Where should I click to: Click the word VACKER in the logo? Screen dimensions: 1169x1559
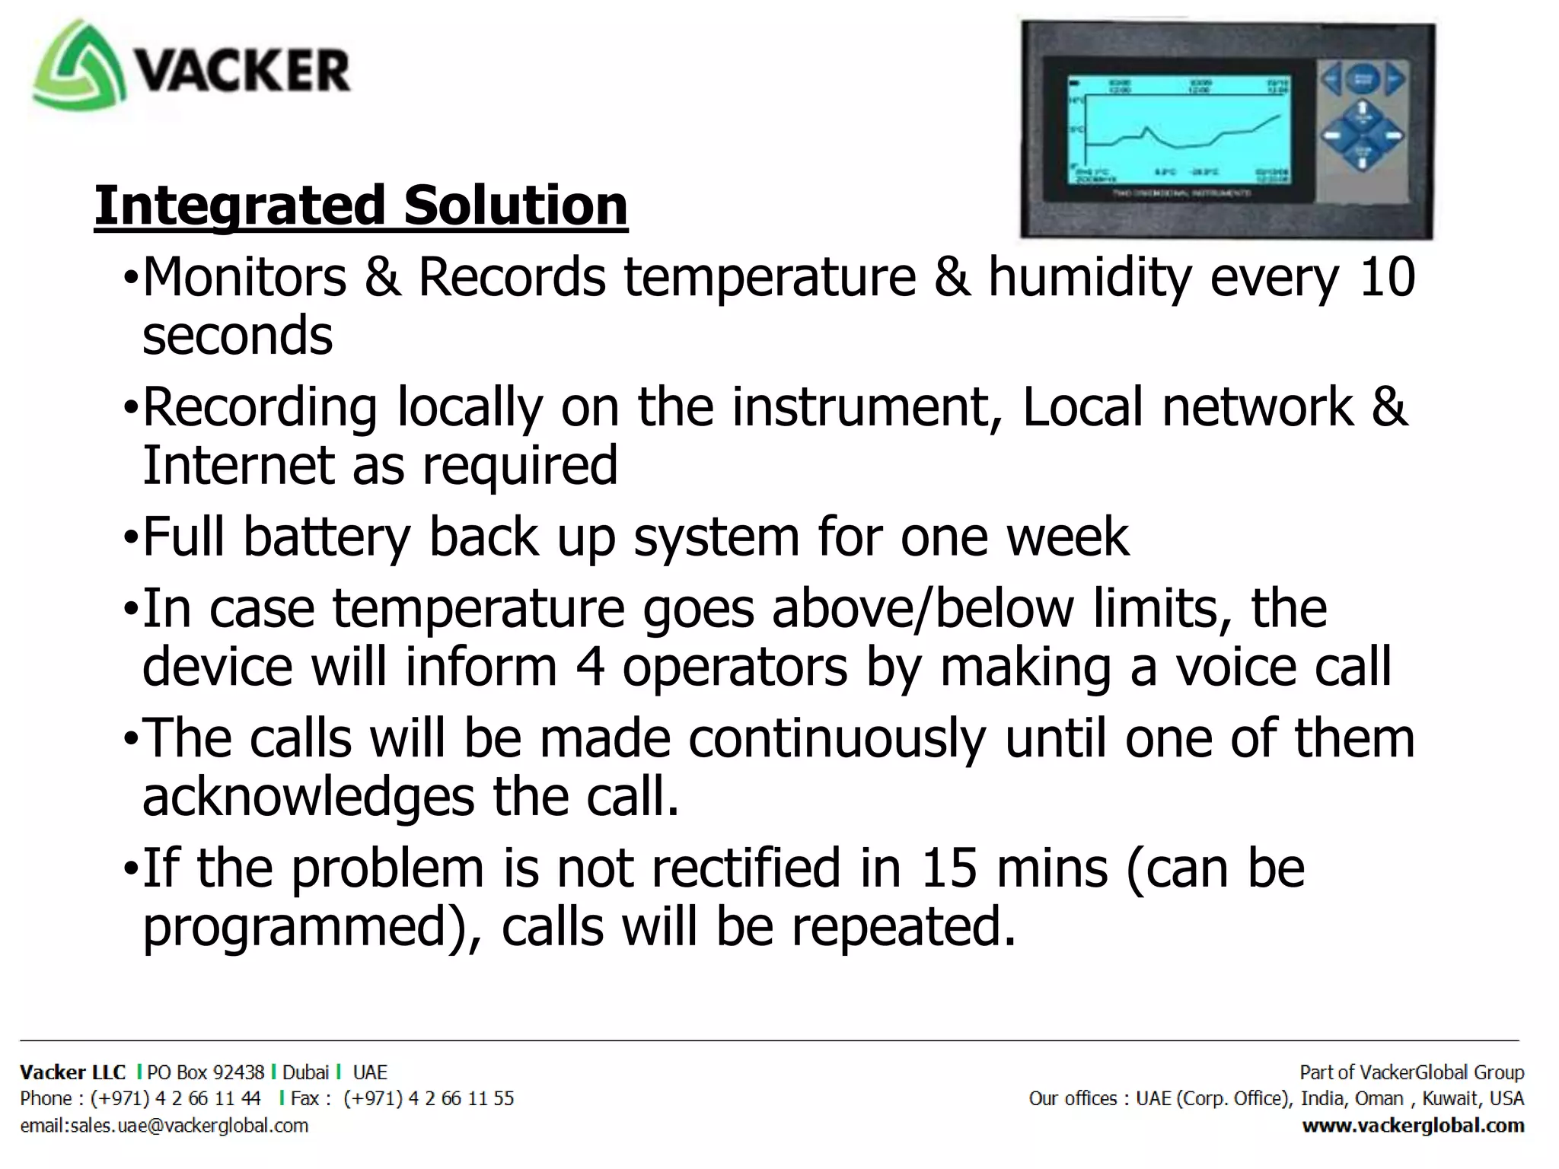(242, 71)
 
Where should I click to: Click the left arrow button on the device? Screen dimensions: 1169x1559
(1331, 79)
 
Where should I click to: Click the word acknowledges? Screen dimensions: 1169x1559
(308, 798)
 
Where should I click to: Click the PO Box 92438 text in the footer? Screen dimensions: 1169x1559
(206, 1072)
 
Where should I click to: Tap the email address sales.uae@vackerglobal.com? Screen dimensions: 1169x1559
(164, 1126)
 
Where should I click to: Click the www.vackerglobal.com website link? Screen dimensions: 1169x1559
(1413, 1126)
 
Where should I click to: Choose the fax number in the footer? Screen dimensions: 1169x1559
(429, 1098)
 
